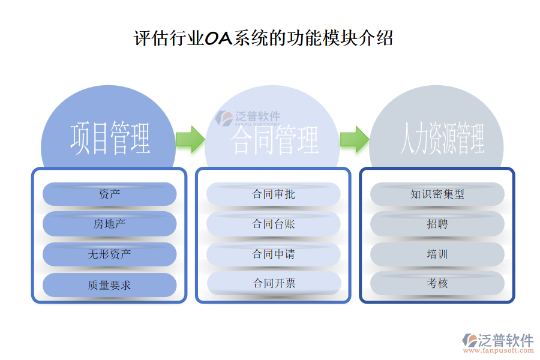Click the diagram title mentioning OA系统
click(x=263, y=38)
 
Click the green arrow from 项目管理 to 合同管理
click(x=190, y=139)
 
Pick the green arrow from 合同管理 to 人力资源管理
click(x=354, y=139)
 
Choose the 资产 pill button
click(x=110, y=194)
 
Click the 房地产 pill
click(x=110, y=224)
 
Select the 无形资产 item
click(x=110, y=254)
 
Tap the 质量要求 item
click(x=110, y=285)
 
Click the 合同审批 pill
click(x=274, y=194)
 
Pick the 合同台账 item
click(x=274, y=224)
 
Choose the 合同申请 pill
click(x=274, y=254)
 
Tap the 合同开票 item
click(x=274, y=283)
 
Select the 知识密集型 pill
click(x=437, y=194)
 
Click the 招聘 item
click(x=437, y=224)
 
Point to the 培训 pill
click(x=437, y=254)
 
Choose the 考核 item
click(x=437, y=283)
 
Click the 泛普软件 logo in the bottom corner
click(x=497, y=343)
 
